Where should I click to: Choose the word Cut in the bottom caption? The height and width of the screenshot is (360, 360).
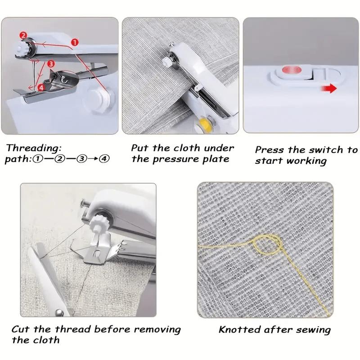pos(21,329)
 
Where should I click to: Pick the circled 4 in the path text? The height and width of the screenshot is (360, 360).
pos(104,159)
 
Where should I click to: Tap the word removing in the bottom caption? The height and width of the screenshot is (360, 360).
pos(157,329)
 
